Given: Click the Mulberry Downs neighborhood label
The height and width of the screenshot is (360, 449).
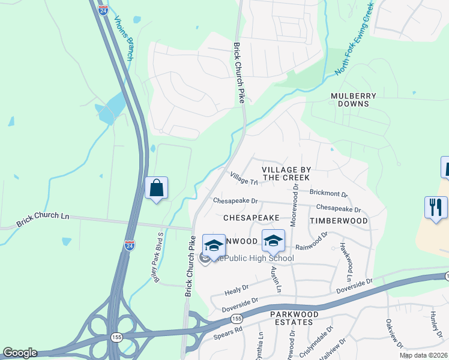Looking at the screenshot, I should point(354,100).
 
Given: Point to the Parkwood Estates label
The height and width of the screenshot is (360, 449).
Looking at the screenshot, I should point(291,318).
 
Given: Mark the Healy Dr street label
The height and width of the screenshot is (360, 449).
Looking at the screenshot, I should point(237,289).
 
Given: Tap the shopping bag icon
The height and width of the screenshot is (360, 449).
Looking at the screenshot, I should point(156,188).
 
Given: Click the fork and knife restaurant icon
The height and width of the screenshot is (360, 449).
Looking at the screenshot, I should point(435,208).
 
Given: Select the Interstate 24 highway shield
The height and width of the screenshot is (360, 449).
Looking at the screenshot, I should point(129,245).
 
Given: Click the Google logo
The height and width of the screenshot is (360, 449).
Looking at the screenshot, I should point(19,353).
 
